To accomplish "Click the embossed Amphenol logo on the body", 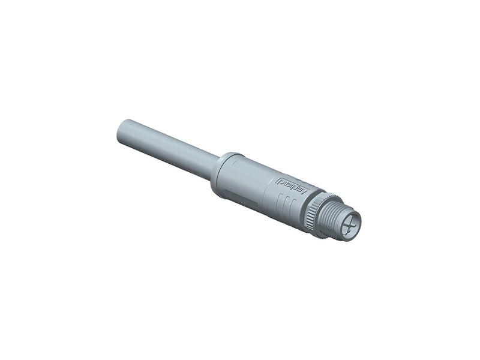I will pos(292,186).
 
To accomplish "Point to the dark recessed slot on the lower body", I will pos(240,196).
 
